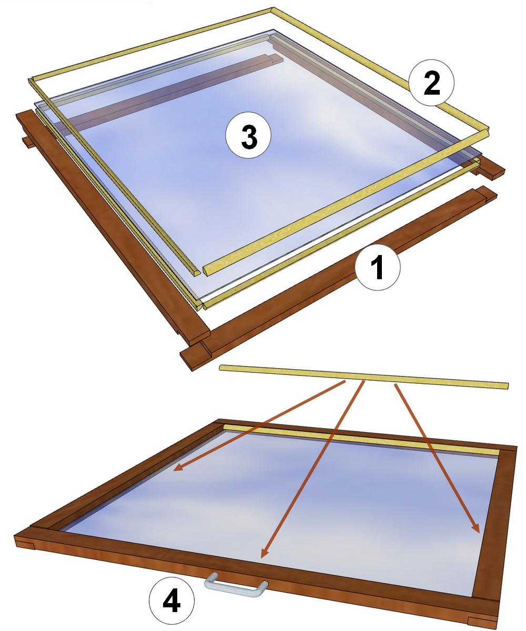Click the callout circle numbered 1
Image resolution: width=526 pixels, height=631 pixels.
(377, 268)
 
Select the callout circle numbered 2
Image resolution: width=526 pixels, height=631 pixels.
(431, 83)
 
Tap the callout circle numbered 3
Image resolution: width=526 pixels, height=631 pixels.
(248, 135)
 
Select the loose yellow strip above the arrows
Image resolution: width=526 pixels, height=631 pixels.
(363, 377)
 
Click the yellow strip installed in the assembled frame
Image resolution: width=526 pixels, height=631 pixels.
(361, 439)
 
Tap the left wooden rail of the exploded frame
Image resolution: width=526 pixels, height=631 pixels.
(113, 227)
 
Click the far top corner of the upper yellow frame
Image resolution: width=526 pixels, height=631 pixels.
(272, 9)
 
